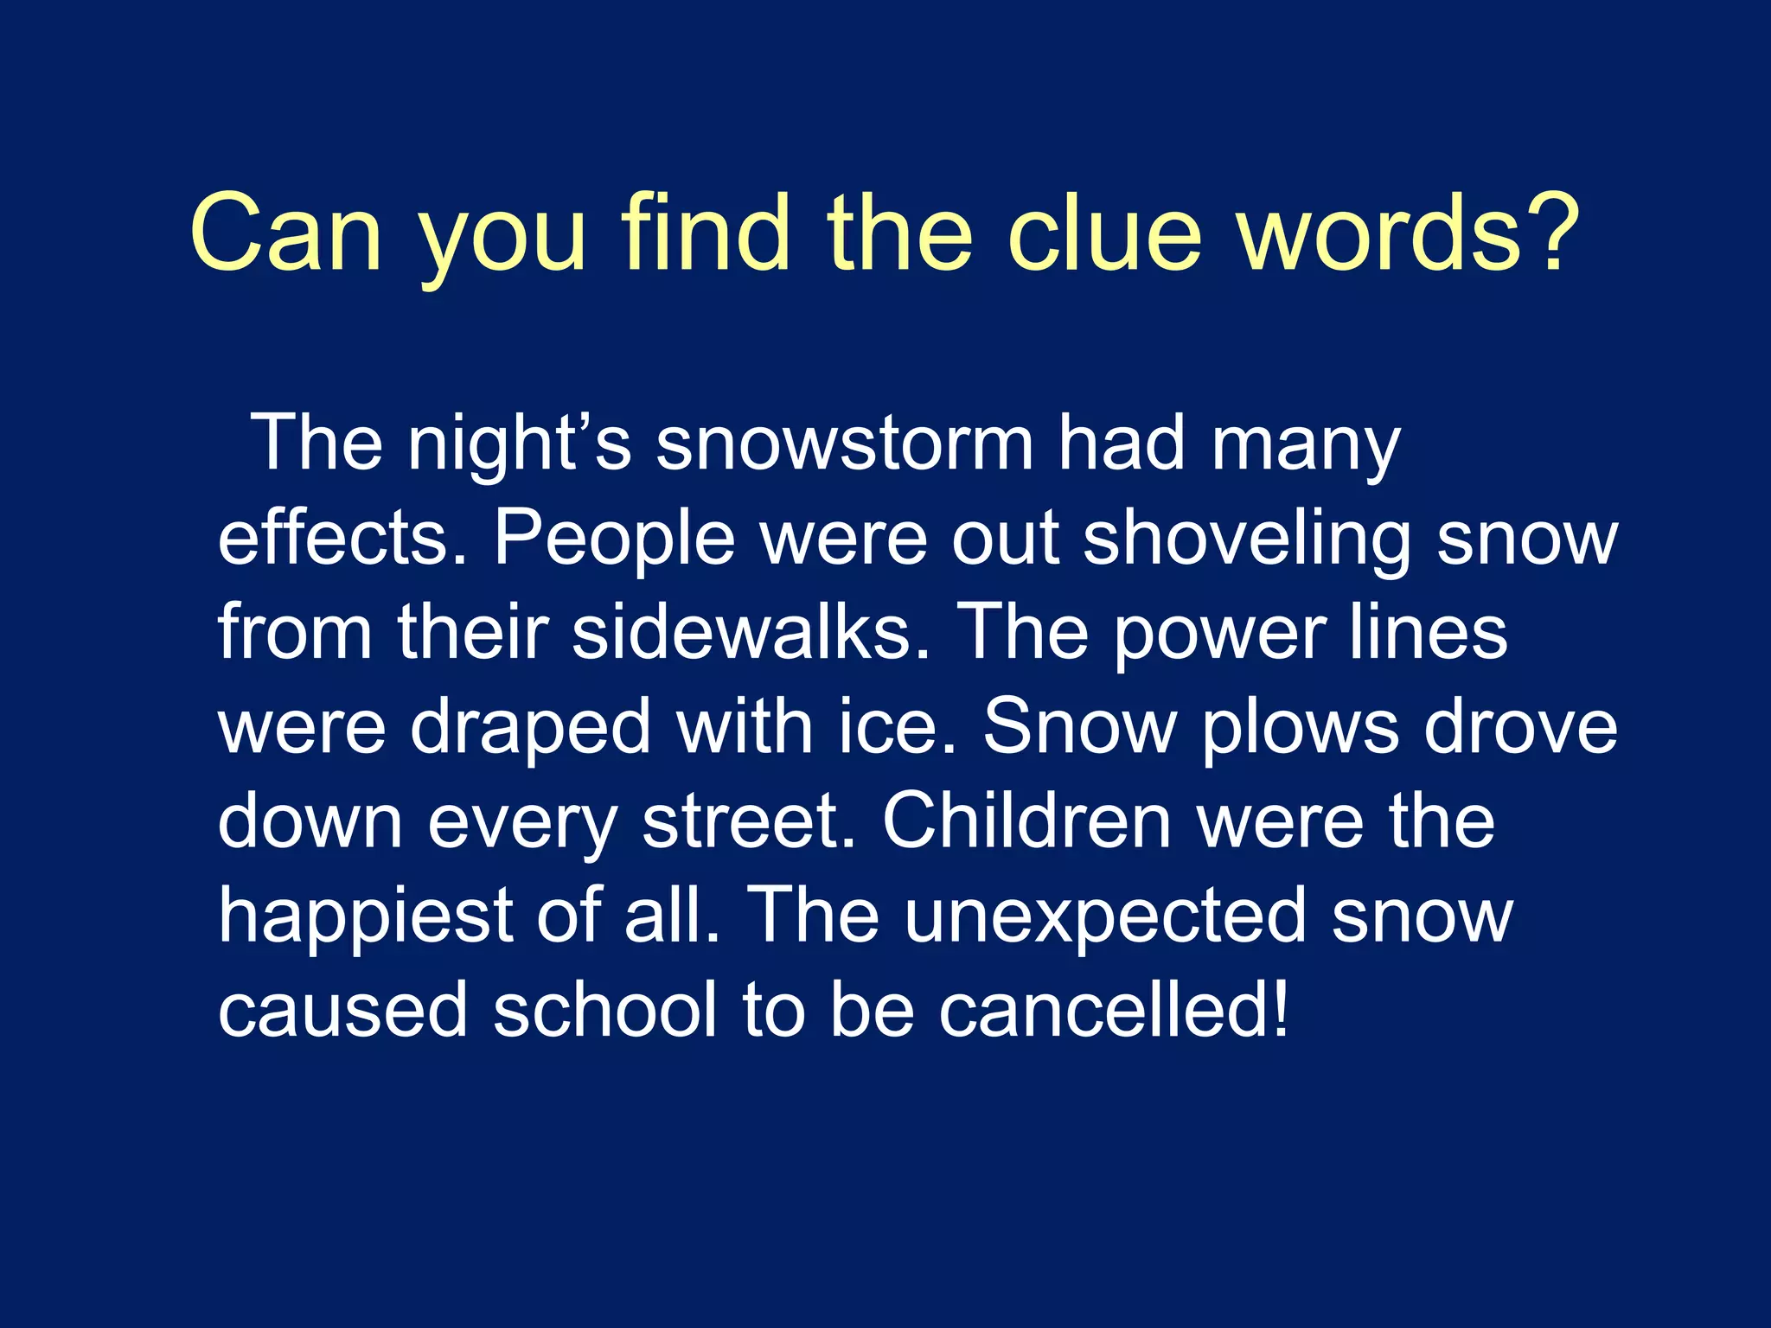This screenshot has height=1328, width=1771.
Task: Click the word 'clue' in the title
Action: (x=1104, y=233)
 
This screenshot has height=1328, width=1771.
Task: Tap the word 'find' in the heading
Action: (x=705, y=233)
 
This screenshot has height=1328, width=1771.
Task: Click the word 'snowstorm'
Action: (x=845, y=444)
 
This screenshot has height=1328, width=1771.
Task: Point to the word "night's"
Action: (x=520, y=446)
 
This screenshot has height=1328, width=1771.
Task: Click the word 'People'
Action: (x=614, y=539)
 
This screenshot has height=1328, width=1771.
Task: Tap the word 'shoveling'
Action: (x=1246, y=541)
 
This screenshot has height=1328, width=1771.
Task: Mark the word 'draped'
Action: (x=530, y=731)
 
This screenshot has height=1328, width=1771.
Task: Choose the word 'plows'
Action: (x=1300, y=731)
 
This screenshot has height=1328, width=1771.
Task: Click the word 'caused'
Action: (x=342, y=1012)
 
